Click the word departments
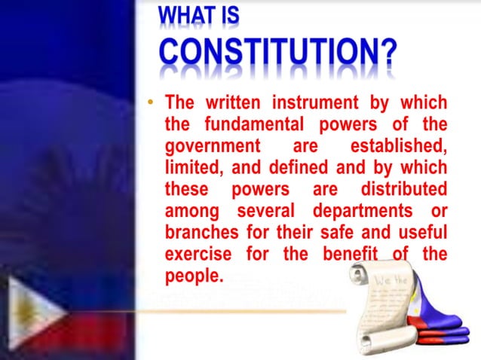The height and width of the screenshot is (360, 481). click(x=362, y=210)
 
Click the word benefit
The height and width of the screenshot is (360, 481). click(x=353, y=254)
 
